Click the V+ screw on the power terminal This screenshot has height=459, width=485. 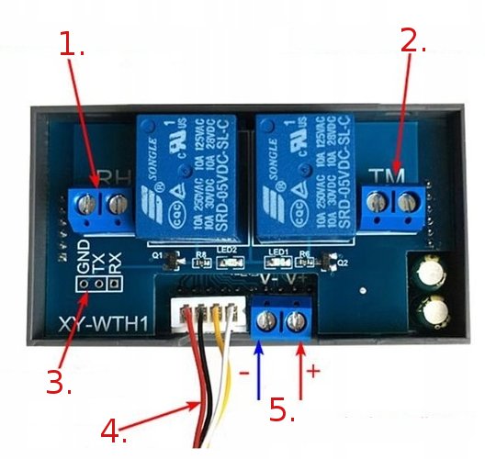tap(295, 321)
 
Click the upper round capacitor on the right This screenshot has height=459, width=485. tap(431, 274)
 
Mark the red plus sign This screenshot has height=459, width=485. tap(312, 371)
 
